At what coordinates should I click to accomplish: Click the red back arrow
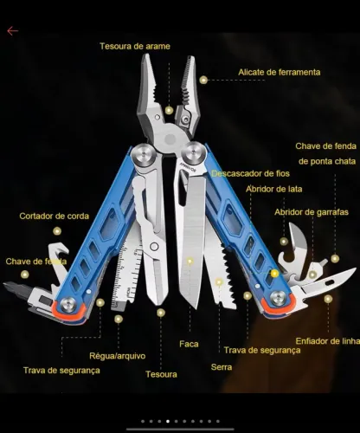coord(13,30)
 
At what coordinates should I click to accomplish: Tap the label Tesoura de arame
coord(135,46)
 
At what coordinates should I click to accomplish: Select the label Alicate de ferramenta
coord(280,72)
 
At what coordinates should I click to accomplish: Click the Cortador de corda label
coord(55,216)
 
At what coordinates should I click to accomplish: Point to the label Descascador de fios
coord(250,173)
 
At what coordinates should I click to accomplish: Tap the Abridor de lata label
coord(274,189)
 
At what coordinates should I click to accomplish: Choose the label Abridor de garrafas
coord(312,212)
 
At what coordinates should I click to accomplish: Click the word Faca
coord(189,344)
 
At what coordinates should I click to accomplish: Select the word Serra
coord(222,367)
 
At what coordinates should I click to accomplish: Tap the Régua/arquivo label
coord(118,356)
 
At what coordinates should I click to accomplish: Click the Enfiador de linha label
coord(328,341)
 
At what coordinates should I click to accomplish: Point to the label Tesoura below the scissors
coord(161,374)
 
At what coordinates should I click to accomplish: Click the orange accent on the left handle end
coord(69,313)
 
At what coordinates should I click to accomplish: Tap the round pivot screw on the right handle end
coord(278,298)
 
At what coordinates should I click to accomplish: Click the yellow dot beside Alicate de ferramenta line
coord(203,80)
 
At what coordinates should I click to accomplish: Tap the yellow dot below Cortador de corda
coord(57,231)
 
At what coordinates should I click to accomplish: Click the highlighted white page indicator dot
coord(168,421)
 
